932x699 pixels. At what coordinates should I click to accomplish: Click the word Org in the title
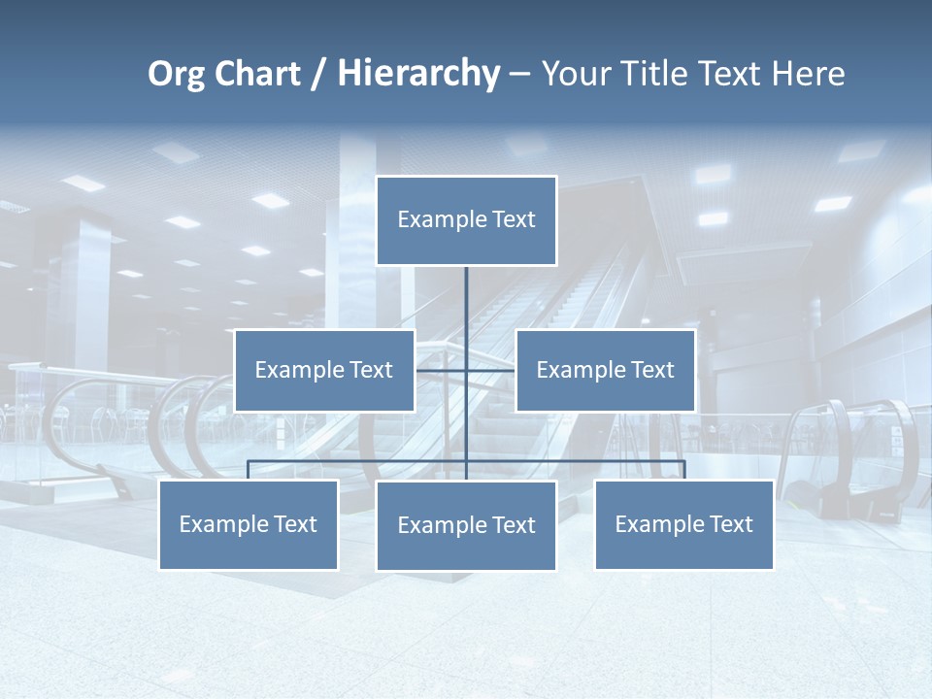[x=176, y=74]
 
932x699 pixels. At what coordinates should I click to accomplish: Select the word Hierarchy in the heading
[x=418, y=74]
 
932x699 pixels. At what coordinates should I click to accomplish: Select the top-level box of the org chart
[x=466, y=220]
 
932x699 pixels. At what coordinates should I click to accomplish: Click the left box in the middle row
[x=324, y=371]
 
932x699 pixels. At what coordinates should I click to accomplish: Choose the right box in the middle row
[x=606, y=371]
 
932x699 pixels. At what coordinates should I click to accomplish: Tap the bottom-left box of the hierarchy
[x=249, y=525]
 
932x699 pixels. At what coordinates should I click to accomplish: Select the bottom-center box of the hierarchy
[x=466, y=526]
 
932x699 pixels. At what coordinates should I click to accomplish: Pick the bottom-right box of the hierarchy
[x=684, y=525]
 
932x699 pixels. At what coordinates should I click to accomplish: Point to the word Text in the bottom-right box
[x=731, y=525]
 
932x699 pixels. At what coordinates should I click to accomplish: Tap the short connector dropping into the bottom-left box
[x=249, y=470]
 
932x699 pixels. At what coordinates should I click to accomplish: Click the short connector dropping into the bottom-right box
[x=684, y=470]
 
